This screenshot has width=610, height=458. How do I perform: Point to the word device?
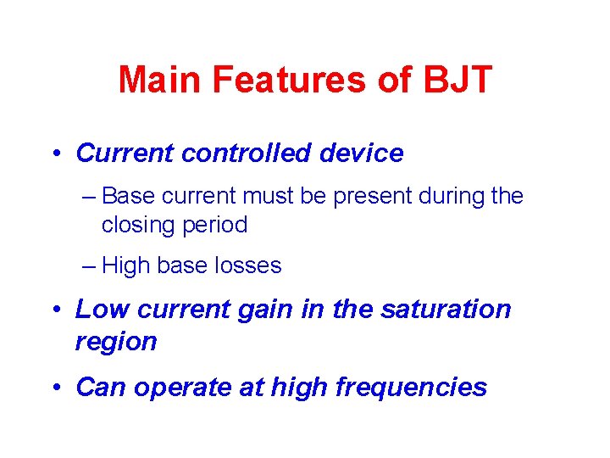(x=364, y=154)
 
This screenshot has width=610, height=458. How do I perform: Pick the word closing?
(x=135, y=226)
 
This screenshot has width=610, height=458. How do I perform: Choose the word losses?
(x=247, y=266)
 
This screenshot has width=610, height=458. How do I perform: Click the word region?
(x=116, y=342)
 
